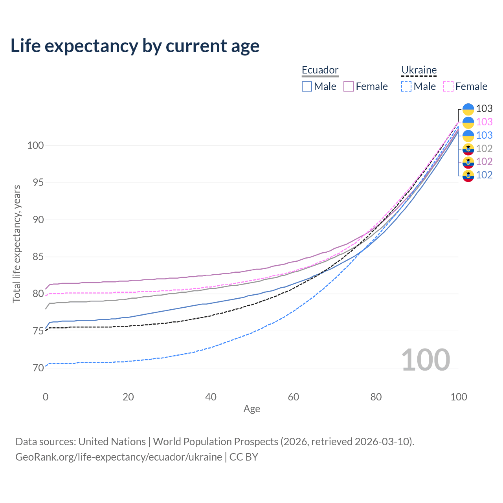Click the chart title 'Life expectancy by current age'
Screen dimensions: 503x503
[135, 46]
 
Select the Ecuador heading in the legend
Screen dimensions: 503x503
[320, 70]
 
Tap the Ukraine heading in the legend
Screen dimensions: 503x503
[419, 70]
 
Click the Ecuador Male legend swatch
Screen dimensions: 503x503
[307, 86]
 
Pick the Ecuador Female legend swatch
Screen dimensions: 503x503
[349, 86]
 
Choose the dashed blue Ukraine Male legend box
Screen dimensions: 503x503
[406, 86]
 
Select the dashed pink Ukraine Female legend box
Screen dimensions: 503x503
[448, 86]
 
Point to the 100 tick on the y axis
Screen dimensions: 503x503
[35, 146]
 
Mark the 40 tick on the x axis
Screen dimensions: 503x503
[211, 397]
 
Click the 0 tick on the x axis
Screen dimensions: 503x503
[46, 397]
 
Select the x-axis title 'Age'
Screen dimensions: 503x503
[251, 409]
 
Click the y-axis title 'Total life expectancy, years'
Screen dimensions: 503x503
[17, 244]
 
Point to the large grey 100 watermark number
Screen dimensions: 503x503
[426, 360]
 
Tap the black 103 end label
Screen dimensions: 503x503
[484, 109]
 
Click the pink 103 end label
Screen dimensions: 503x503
[484, 122]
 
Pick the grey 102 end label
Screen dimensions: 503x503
[484, 149]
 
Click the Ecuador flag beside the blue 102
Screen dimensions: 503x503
[468, 175]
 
